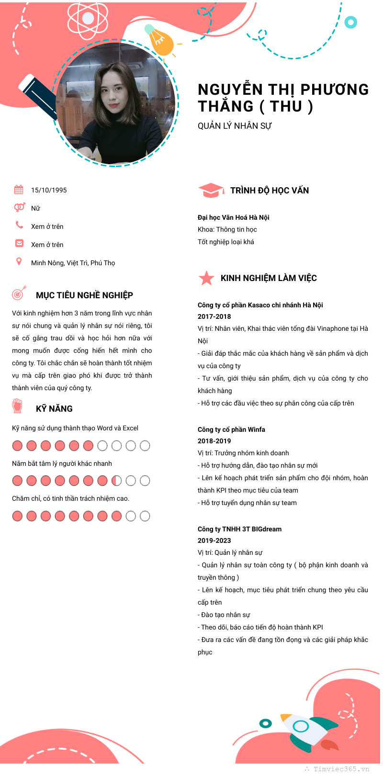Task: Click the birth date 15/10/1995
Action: point(49,190)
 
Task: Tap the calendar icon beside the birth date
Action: point(19,190)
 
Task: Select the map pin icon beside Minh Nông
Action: point(19,261)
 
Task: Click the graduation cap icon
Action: point(211,190)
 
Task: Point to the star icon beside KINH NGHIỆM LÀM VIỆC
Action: point(206,278)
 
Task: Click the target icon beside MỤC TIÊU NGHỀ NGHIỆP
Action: point(19,293)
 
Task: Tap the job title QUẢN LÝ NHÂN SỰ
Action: point(235,126)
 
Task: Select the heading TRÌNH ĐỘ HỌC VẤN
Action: point(270,191)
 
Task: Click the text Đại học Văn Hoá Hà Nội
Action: point(233,217)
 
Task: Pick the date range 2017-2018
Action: point(214,316)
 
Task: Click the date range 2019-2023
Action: point(214,540)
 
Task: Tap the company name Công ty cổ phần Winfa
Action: point(231,429)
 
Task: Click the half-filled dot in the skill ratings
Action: point(116,481)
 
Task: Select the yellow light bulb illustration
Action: point(160,41)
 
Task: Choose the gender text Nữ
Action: point(35,208)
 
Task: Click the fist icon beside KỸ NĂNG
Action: point(17,406)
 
